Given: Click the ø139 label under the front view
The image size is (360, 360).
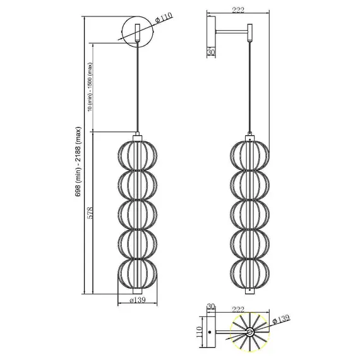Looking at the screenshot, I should (x=138, y=300).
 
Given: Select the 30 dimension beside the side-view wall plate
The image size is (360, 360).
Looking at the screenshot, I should (x=211, y=52).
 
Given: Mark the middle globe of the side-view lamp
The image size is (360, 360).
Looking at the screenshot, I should (x=251, y=214).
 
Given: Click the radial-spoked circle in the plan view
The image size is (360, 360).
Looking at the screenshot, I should (x=251, y=330).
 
